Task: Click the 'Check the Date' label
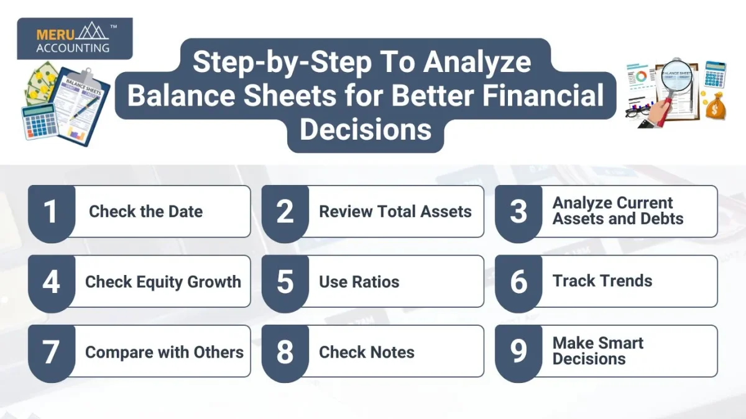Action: tap(146, 212)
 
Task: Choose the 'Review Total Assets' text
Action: tap(395, 212)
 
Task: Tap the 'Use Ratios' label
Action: tap(359, 282)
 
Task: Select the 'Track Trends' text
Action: tap(602, 281)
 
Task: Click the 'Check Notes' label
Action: tap(367, 352)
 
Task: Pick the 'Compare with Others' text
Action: tap(165, 352)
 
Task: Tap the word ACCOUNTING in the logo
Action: tap(73, 48)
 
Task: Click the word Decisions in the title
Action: tap(366, 129)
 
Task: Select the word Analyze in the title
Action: tap(477, 63)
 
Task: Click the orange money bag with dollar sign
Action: tap(715, 106)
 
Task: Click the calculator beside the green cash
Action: tap(40, 122)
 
